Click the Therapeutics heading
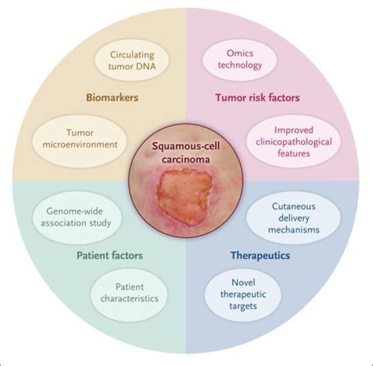pyautogui.click(x=260, y=255)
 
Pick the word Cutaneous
pyautogui.click(x=288, y=206)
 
